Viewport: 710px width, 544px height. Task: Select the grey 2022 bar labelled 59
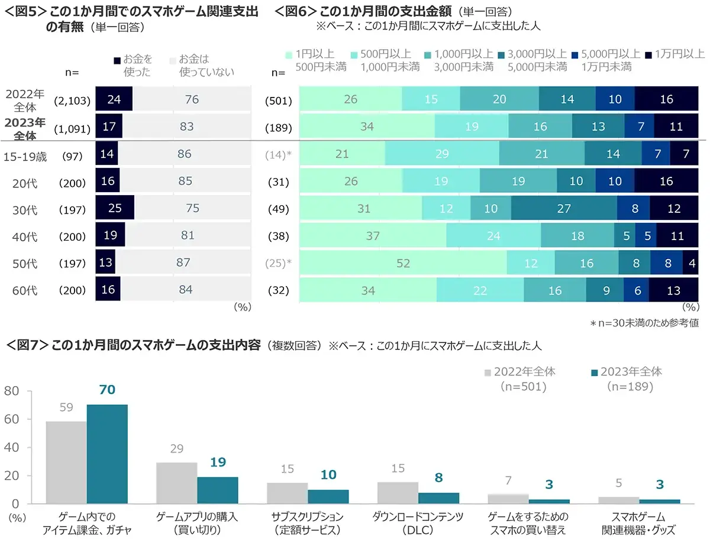(66, 462)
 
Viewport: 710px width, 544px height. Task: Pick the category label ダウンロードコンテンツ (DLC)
(418, 523)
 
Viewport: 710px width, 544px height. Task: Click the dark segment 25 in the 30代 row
(115, 208)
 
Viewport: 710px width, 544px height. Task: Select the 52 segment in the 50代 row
(403, 263)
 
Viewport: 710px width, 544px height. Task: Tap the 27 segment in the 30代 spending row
(563, 208)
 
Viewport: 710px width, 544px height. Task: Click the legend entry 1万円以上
(677, 54)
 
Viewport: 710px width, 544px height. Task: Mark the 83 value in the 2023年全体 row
(185, 126)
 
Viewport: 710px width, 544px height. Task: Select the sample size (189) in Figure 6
(279, 126)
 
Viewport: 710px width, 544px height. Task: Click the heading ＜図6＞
(296, 11)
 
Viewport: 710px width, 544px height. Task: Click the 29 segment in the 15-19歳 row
(441, 154)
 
